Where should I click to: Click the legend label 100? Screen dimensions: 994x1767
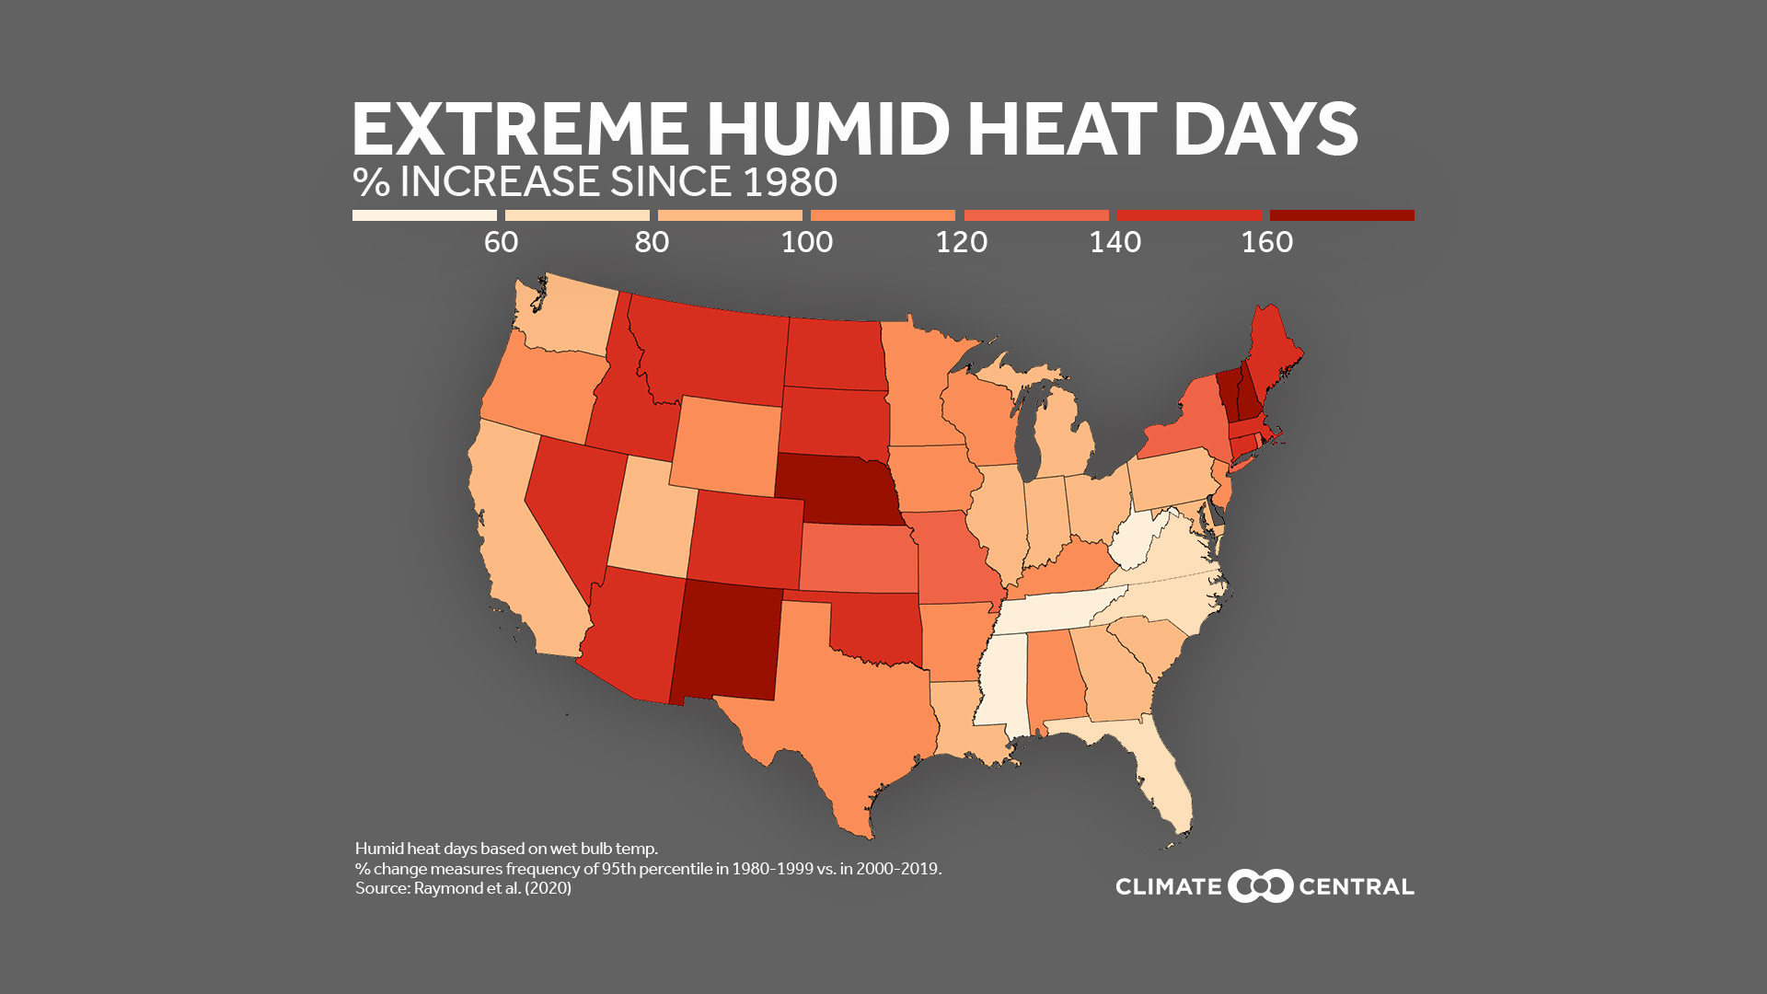point(807,242)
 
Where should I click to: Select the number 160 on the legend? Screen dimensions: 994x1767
point(1267,242)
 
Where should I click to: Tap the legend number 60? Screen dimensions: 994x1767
point(502,242)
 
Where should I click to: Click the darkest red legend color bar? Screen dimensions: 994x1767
point(1342,215)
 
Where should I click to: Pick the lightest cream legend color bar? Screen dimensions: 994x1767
point(424,215)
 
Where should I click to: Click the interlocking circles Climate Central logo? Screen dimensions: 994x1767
point(1261,886)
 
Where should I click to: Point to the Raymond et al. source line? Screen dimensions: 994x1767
point(463,888)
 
